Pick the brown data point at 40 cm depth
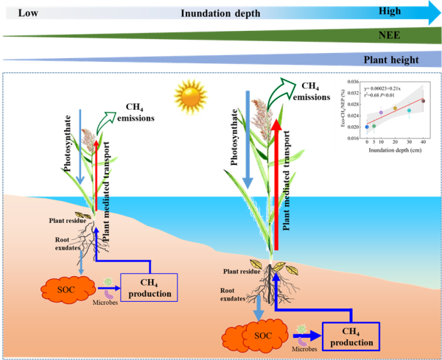pos(423,101)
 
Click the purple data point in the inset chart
pos(381,113)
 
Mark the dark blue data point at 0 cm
pos(367,127)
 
